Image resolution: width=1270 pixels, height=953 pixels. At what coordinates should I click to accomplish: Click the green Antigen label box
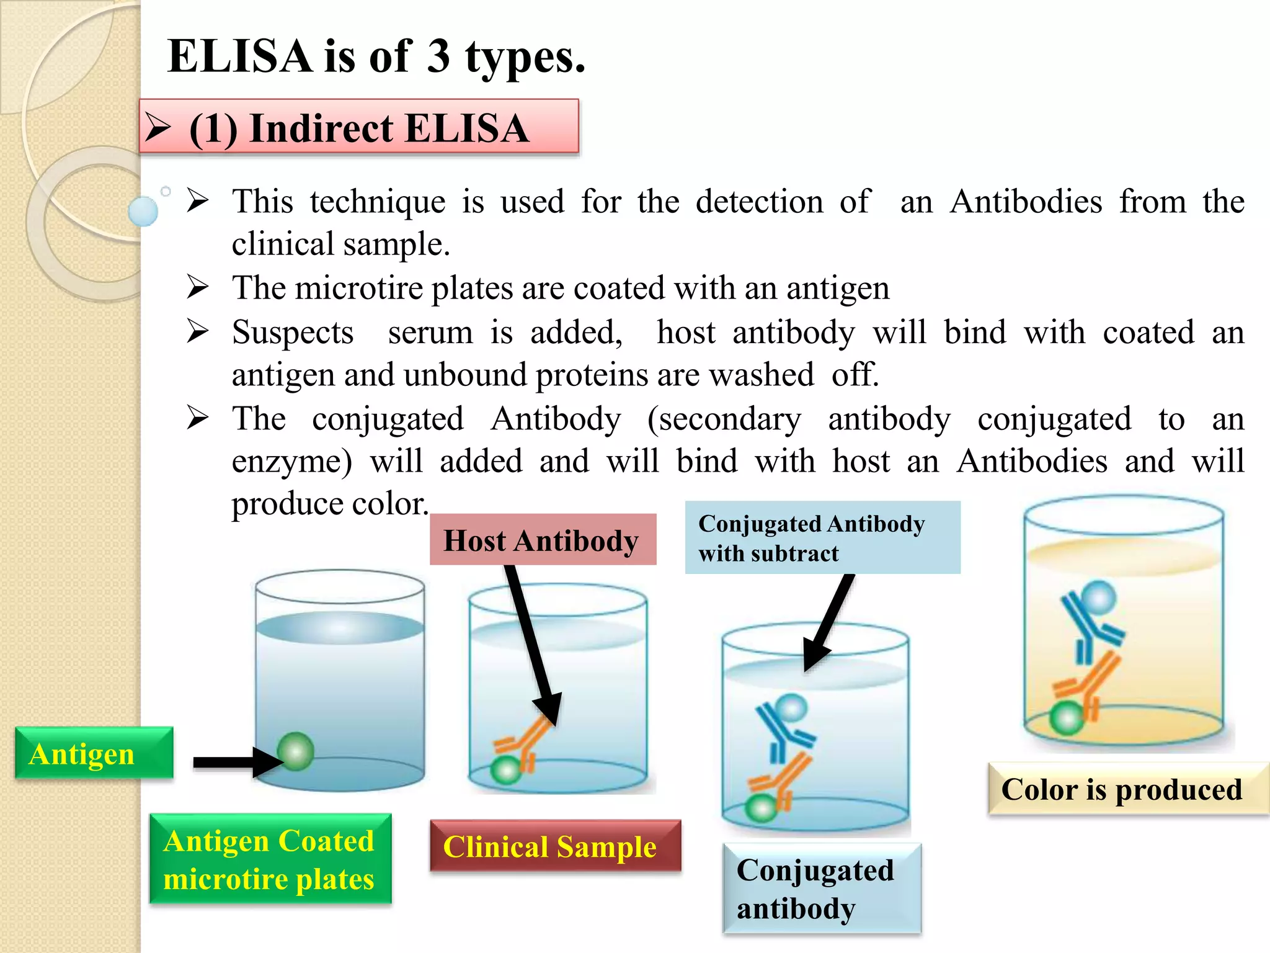(94, 753)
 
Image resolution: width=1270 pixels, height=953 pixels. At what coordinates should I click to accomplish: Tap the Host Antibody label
(543, 540)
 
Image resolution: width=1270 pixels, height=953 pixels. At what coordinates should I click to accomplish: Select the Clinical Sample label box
(555, 846)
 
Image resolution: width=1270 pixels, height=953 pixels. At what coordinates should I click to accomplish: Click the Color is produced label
(1127, 789)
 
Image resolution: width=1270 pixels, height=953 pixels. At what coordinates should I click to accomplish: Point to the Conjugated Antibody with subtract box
(822, 537)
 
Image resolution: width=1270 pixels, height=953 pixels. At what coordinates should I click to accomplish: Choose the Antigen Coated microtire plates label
(270, 859)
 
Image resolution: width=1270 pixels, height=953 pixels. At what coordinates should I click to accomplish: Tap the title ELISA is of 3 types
(376, 56)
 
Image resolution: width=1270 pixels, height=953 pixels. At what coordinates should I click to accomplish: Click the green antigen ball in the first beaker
(295, 751)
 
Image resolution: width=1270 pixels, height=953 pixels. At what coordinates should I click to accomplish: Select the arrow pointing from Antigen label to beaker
(236, 762)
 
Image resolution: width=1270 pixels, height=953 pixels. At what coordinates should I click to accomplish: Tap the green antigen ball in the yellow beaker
(1066, 718)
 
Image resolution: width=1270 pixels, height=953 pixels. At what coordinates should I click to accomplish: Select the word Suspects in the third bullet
(293, 333)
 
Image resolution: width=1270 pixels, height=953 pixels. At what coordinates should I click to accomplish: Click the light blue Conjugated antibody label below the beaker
(822, 888)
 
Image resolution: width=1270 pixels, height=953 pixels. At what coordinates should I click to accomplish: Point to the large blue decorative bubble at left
(143, 211)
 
